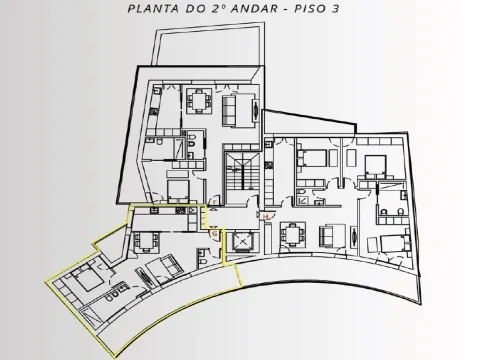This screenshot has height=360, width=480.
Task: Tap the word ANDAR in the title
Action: pyautogui.click(x=254, y=8)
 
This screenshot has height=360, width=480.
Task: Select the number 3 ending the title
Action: pyautogui.click(x=335, y=8)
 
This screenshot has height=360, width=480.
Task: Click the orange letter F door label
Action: pyautogui.click(x=215, y=203)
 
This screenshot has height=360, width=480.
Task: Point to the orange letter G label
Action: pyautogui.click(x=215, y=234)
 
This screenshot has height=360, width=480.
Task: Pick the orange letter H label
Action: pyautogui.click(x=266, y=217)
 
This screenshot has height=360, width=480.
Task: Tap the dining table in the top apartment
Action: pyautogui.click(x=199, y=101)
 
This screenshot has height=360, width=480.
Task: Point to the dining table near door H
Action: pyautogui.click(x=293, y=234)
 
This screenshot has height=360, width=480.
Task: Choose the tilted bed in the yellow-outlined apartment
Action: pyautogui.click(x=88, y=278)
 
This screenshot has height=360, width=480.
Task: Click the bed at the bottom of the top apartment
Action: pyautogui.click(x=178, y=191)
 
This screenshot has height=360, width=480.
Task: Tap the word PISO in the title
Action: pyautogui.click(x=309, y=8)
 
